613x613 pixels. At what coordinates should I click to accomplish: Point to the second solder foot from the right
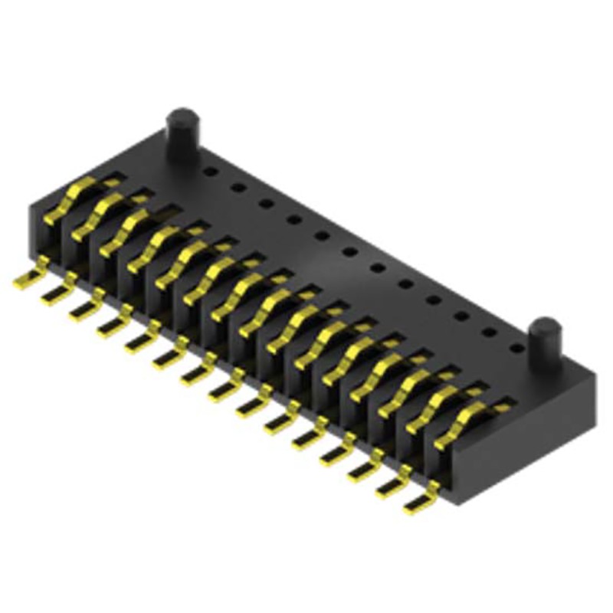point(392,486)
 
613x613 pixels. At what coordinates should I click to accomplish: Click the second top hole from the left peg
point(238,186)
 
